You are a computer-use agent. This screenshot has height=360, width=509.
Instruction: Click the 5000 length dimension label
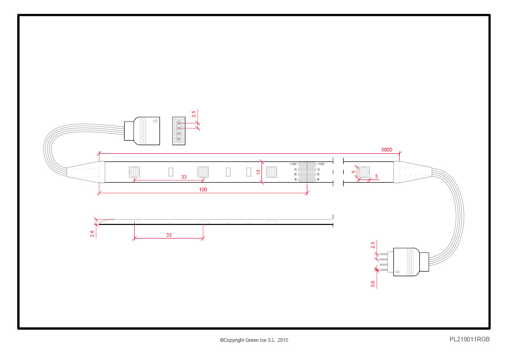386,150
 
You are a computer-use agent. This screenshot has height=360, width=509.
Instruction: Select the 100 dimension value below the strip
203,190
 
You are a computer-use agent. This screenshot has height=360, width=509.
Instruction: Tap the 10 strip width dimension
258,172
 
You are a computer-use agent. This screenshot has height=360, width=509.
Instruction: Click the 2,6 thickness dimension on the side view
92,234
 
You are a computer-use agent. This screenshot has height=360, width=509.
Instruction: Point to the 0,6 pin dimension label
373,284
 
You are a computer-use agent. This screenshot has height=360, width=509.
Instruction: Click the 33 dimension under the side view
169,235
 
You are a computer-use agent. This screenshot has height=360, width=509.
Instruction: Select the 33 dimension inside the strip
184,177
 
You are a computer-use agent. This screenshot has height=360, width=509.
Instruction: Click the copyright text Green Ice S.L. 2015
254,340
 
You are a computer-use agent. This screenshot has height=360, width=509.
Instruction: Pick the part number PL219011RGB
470,339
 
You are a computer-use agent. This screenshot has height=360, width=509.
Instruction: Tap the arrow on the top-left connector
155,121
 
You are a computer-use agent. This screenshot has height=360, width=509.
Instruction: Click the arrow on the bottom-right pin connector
398,272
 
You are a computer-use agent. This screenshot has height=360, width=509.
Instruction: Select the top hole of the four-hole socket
179,123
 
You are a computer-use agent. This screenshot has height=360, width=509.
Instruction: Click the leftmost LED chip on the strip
135,172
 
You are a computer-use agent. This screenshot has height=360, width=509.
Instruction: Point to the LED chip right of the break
364,172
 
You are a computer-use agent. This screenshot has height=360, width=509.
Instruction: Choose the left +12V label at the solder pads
293,164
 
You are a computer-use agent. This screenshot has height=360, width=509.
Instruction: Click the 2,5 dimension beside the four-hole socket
194,114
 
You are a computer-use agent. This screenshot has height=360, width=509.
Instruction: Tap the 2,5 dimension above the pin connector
373,245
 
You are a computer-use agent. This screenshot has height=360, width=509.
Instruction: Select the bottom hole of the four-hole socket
179,139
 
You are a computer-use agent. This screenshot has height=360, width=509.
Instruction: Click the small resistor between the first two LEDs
171,172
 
